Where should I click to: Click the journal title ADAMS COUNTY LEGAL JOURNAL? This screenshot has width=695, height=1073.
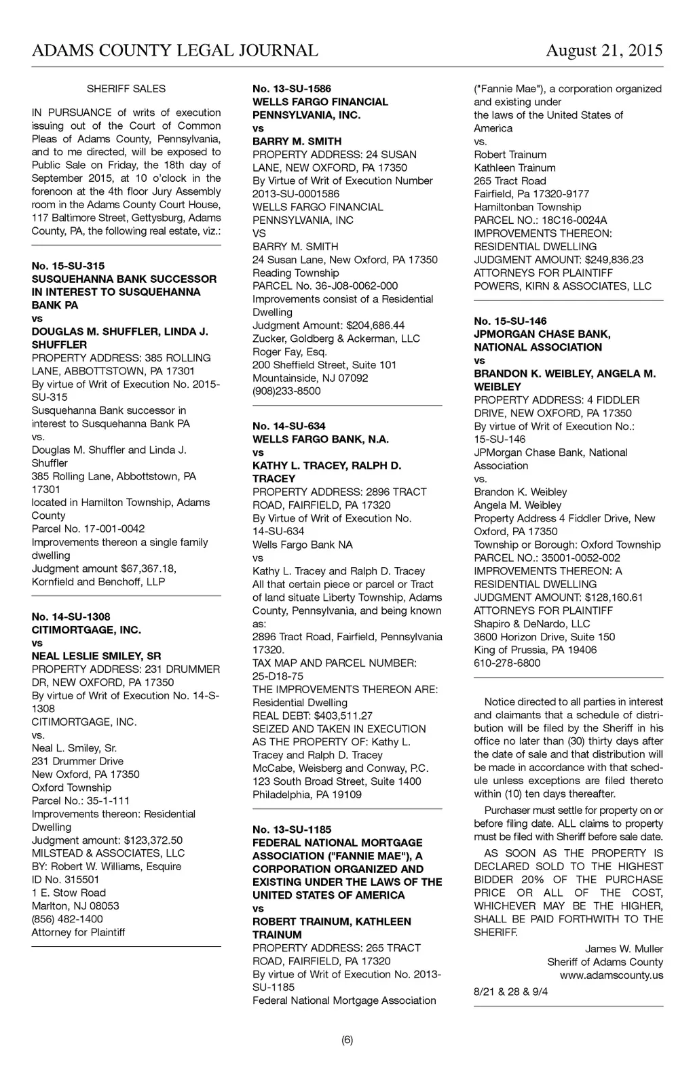tap(174, 51)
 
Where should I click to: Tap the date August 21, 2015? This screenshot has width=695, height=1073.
tap(604, 51)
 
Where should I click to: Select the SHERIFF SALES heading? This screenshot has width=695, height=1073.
tap(126, 89)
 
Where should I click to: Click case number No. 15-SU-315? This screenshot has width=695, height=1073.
tap(68, 266)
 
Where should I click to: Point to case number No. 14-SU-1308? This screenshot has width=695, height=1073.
tap(71, 617)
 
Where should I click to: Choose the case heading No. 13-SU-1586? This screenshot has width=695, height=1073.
tap(292, 89)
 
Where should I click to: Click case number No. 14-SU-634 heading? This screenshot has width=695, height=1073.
tap(289, 426)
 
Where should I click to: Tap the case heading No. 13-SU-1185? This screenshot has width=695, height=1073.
tap(292, 830)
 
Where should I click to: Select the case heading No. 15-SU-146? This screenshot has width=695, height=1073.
tap(510, 321)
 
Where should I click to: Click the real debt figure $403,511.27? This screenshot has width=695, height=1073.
tap(343, 716)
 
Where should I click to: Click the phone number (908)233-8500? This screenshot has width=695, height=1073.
tap(286, 391)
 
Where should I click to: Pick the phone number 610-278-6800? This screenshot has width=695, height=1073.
tap(507, 663)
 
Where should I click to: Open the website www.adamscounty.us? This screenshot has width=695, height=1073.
tap(611, 975)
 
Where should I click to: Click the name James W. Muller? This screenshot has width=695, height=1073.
tap(624, 949)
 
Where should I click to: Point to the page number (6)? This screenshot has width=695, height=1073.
tap(347, 1040)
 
